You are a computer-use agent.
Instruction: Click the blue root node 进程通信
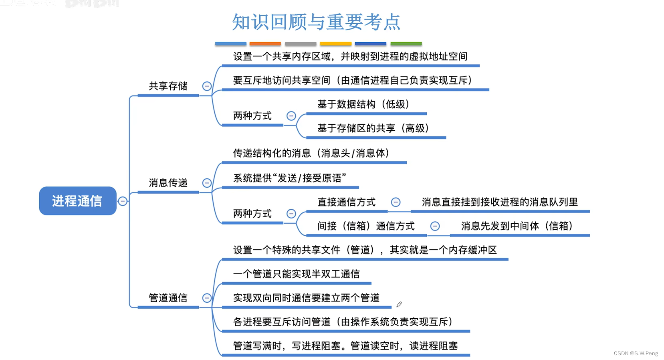click(77, 201)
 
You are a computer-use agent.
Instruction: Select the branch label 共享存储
click(168, 86)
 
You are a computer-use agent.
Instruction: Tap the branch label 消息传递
click(168, 183)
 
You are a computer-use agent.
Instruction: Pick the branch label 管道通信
click(168, 298)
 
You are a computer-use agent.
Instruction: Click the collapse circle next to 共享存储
click(207, 86)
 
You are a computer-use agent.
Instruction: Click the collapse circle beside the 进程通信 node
click(123, 201)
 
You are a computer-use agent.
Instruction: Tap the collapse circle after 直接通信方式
click(396, 202)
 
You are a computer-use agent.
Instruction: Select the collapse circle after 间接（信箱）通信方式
click(435, 226)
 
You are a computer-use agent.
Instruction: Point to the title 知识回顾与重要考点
click(316, 22)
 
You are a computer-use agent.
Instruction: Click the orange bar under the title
click(265, 44)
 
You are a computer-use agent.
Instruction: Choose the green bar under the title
click(406, 44)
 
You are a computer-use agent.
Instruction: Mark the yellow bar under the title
click(335, 44)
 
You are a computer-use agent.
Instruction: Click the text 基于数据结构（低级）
click(363, 105)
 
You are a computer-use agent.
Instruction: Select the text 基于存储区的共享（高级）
click(373, 128)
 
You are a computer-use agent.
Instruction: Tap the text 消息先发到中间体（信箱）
click(517, 226)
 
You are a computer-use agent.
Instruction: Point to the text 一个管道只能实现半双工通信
click(296, 274)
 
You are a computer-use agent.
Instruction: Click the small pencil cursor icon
click(399, 305)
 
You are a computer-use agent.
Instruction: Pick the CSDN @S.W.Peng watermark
click(636, 353)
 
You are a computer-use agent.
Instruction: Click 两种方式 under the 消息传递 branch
click(252, 214)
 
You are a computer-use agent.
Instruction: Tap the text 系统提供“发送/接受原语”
click(289, 178)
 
